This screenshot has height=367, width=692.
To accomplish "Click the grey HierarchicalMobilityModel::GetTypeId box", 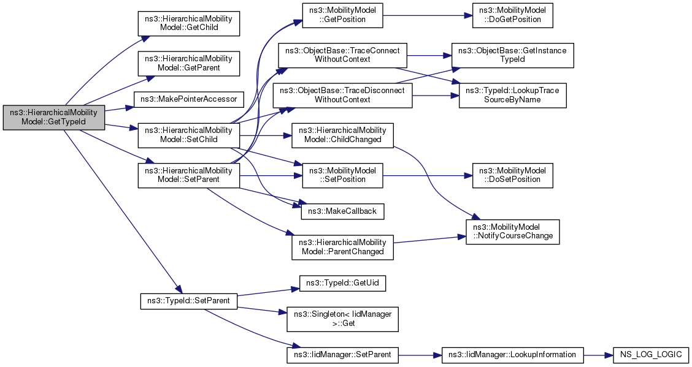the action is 54,118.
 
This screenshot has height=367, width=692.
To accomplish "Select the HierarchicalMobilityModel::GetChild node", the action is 188,23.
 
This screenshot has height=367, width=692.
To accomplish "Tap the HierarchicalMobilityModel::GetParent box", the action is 188,64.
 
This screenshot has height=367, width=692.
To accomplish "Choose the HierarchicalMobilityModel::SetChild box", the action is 188,135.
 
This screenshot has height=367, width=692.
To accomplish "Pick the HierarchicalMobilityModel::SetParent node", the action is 188,175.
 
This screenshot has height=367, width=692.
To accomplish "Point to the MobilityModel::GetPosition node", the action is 342,15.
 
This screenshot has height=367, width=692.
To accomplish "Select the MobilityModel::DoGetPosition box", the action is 512,15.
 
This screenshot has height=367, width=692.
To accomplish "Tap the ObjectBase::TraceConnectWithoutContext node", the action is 342,55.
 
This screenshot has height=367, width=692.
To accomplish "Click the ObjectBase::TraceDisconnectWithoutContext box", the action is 342,96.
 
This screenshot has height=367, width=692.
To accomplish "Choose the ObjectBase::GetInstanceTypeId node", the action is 512,55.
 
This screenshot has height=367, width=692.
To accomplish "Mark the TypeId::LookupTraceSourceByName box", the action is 512,96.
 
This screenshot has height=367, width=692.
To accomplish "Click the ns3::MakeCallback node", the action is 342,211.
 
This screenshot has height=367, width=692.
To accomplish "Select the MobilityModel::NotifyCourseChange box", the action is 512,232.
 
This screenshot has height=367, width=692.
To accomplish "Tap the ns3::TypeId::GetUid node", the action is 342,283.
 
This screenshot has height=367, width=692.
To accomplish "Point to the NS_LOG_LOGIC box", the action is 650,355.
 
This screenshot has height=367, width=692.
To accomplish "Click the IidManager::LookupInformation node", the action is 512,355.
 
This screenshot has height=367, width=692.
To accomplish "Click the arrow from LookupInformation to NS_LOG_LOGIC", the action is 598,355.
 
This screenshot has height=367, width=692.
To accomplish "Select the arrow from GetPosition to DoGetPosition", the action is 428,15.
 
